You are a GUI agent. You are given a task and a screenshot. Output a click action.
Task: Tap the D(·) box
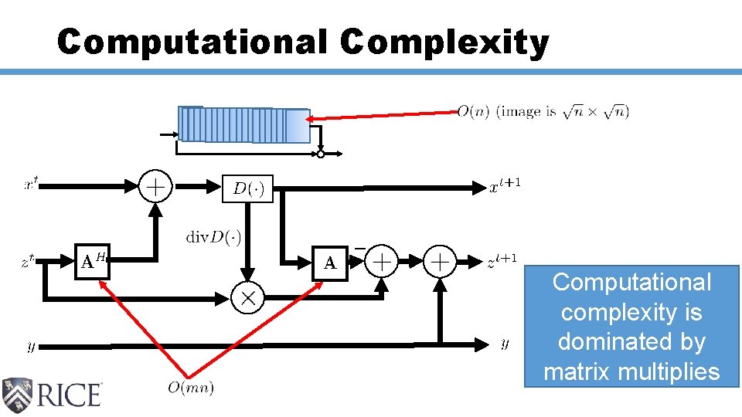tap(248, 188)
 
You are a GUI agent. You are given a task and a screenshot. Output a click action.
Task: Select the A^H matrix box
tap(92, 263)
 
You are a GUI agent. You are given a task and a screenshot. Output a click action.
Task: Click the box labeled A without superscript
tap(330, 263)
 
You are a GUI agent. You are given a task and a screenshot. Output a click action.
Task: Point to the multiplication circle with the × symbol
tap(248, 297)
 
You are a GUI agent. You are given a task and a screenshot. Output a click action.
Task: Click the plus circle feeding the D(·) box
tap(155, 187)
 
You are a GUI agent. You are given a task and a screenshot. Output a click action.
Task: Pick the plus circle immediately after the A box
tap(381, 263)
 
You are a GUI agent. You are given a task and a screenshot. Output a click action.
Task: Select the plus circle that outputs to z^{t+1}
tap(441, 263)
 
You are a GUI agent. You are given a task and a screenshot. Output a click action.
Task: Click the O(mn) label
tap(191, 387)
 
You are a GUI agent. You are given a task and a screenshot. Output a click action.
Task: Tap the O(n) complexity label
tap(472, 112)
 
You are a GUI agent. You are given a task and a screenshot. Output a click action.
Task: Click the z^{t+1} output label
tap(502, 263)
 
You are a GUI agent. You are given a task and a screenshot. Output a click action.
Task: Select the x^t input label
tap(32, 185)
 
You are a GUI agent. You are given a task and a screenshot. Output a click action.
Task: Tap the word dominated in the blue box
tap(631, 342)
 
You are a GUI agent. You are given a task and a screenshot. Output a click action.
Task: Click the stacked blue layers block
tap(244, 125)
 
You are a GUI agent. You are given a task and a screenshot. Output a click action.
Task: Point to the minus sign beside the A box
tap(359, 249)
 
